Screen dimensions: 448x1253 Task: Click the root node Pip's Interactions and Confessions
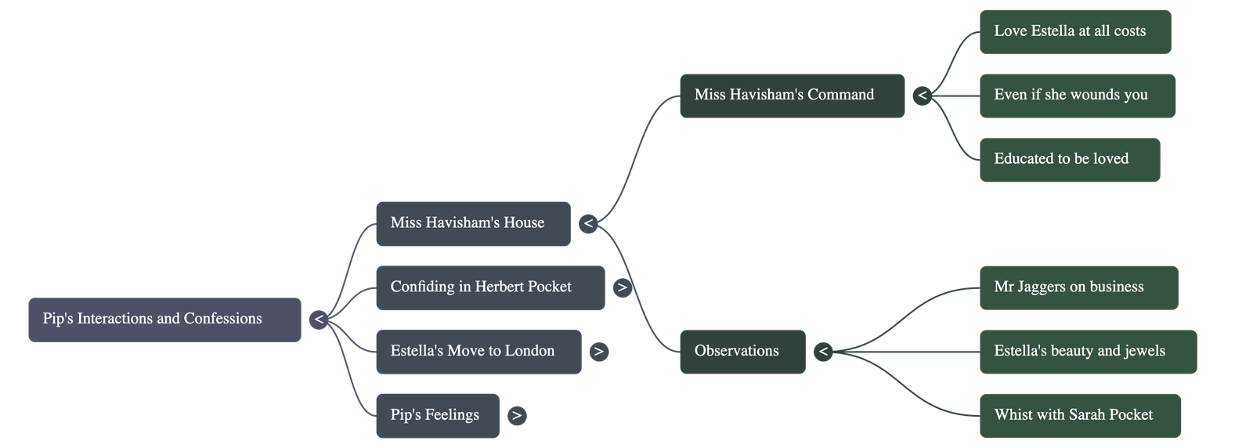click(164, 320)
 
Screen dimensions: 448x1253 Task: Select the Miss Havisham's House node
click(472, 224)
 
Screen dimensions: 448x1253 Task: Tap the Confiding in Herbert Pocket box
click(489, 288)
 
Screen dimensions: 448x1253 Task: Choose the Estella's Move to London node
click(478, 352)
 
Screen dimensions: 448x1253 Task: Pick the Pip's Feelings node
click(437, 415)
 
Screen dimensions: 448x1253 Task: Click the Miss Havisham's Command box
click(791, 96)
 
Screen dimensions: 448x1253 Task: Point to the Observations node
click(742, 352)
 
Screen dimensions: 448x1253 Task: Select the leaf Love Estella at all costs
click(1074, 32)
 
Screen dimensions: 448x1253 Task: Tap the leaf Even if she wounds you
click(1077, 96)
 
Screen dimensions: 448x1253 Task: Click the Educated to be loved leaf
click(1069, 160)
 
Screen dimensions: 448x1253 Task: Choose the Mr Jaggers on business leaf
click(1078, 287)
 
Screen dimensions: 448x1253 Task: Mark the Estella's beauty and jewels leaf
click(1087, 352)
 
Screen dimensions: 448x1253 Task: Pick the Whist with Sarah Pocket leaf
click(1080, 415)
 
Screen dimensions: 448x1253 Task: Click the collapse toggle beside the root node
click(318, 320)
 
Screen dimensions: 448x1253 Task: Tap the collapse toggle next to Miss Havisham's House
click(589, 224)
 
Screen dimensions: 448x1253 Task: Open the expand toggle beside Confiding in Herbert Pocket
click(622, 287)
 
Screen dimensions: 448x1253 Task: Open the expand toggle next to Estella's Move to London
click(598, 352)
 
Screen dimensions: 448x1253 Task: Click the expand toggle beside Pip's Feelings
click(516, 415)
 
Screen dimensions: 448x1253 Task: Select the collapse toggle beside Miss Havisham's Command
click(923, 96)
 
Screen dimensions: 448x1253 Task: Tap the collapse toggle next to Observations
click(822, 352)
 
